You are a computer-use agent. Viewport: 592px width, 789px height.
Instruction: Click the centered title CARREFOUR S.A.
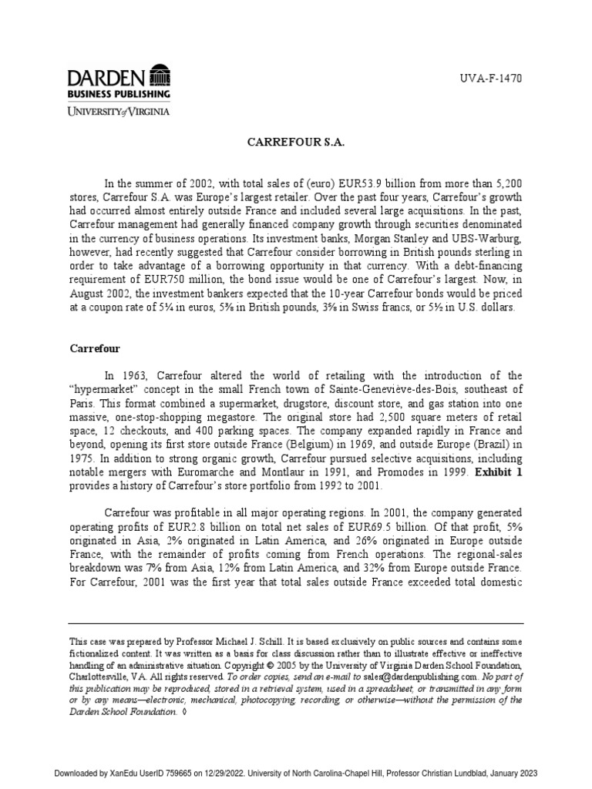point(295,143)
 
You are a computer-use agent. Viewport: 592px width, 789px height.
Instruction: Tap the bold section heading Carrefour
point(95,348)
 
